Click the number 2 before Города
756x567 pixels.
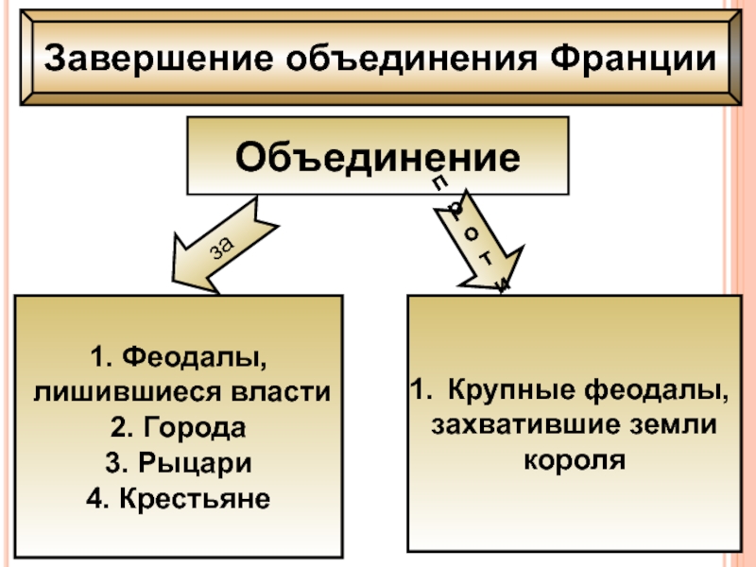(117, 428)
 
